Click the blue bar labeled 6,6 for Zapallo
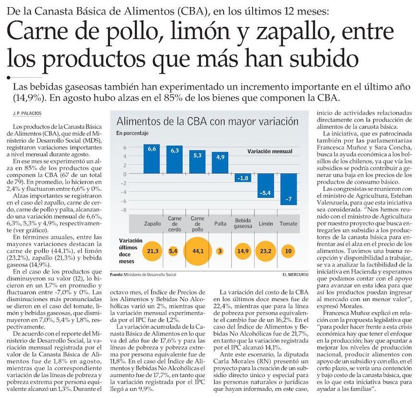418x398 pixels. pos(152,158)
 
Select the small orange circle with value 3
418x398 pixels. pos(220,251)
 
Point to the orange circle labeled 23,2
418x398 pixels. pos(266,251)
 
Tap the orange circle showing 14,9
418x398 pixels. pos(243,251)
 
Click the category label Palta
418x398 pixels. pos(220,224)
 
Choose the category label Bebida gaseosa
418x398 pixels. pos(243,224)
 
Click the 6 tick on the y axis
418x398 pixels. pos(124,147)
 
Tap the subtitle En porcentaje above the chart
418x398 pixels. pos(132,133)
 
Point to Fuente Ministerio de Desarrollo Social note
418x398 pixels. pos(142,275)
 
